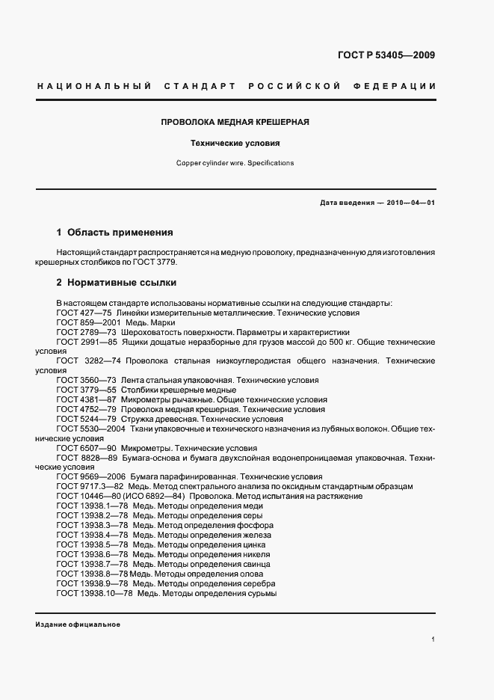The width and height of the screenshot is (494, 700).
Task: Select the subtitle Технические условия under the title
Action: [235, 142]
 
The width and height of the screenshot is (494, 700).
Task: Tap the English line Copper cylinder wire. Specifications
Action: [235, 162]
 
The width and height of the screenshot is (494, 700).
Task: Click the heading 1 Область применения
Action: [115, 233]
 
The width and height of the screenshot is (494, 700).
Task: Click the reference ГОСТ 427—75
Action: [84, 313]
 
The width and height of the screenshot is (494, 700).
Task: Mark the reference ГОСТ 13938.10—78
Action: [95, 593]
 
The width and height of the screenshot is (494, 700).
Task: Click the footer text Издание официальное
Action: [78, 624]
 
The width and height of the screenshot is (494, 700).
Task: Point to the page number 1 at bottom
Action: [433, 639]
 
